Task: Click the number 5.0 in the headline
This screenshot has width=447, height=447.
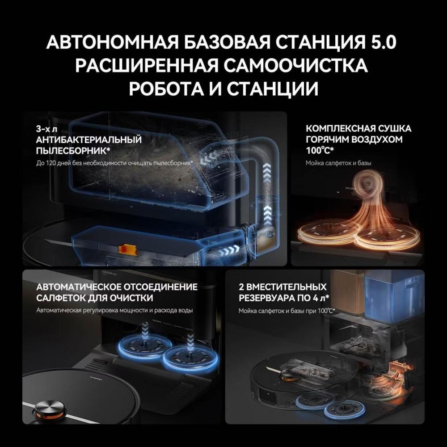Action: (382, 42)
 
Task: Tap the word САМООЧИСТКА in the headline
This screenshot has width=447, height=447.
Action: (295, 66)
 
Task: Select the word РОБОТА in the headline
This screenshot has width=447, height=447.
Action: (166, 89)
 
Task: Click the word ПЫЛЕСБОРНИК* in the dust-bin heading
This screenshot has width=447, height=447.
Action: (73, 151)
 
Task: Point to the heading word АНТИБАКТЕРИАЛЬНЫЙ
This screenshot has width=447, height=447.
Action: (89, 139)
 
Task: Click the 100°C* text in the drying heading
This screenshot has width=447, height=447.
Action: (320, 150)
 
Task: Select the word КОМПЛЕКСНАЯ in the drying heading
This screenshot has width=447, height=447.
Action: (340, 129)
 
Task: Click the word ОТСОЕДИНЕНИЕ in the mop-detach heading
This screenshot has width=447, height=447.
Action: (157, 287)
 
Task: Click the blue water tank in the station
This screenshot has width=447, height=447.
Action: (393, 294)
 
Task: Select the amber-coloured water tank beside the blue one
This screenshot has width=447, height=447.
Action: (346, 294)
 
